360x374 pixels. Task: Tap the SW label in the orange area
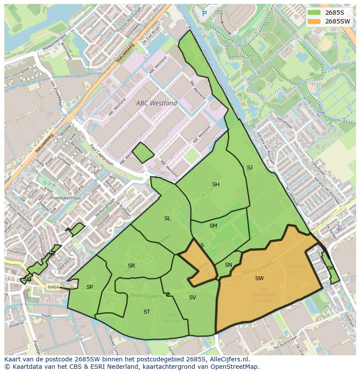pyautogui.click(x=259, y=278)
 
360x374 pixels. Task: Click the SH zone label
pyautogui.click(x=216, y=185)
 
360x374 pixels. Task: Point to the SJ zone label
pyautogui.click(x=250, y=168)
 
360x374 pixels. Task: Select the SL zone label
pyautogui.click(x=167, y=218)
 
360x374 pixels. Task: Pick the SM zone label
pyautogui.click(x=213, y=226)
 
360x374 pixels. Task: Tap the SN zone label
pyautogui.click(x=228, y=265)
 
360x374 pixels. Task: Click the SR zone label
pyautogui.click(x=131, y=266)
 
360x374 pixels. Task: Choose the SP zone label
pyautogui.click(x=90, y=287)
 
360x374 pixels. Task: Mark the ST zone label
pyautogui.click(x=147, y=312)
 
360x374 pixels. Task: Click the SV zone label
pyautogui.click(x=193, y=298)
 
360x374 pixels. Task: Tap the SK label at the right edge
pyautogui.click(x=330, y=268)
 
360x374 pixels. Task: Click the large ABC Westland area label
pyautogui.click(x=157, y=103)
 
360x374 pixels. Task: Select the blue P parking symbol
pyautogui.click(x=204, y=14)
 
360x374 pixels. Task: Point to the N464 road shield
pyautogui.click(x=53, y=287)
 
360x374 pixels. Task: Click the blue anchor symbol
pyautogui.click(x=339, y=227)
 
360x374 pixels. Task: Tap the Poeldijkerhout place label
pyautogui.click(x=65, y=198)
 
